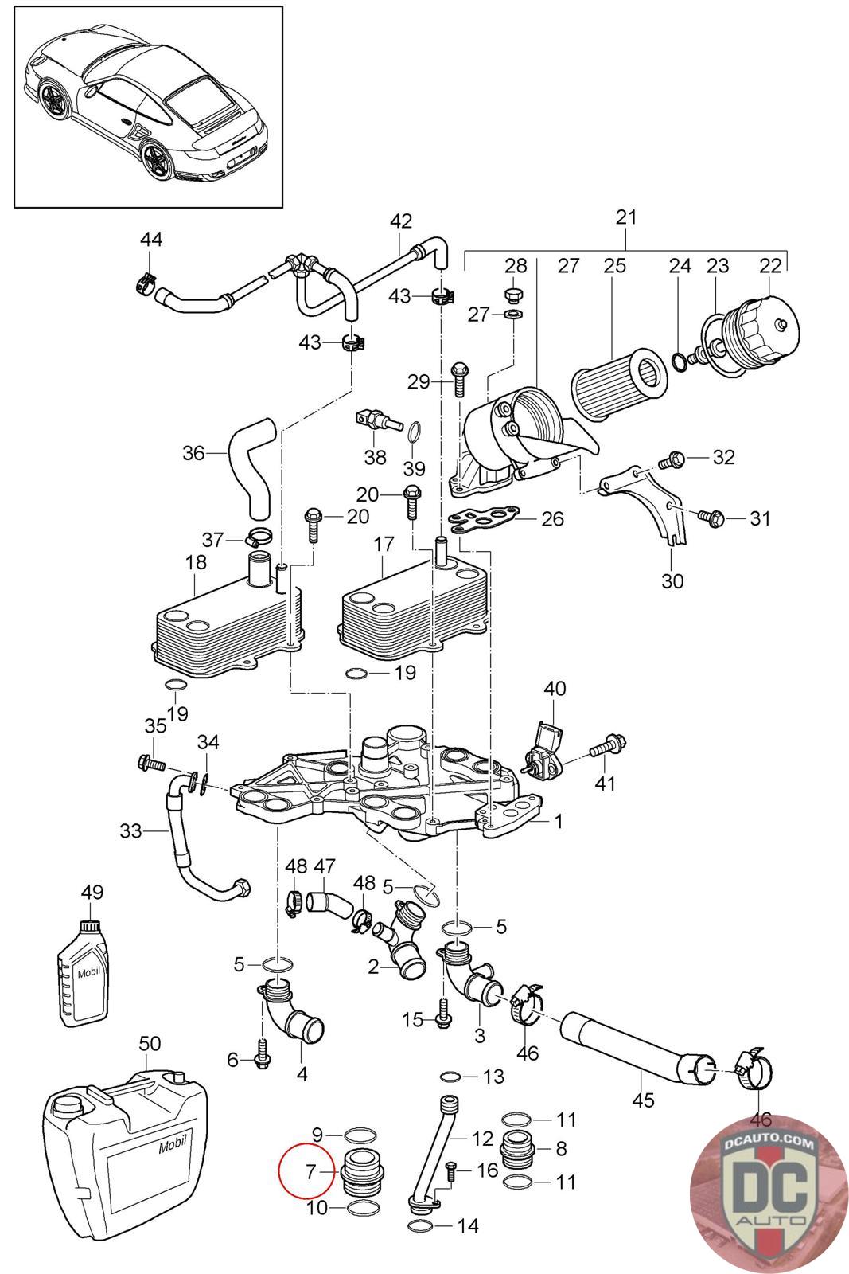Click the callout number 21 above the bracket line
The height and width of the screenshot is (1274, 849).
pos(626,217)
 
